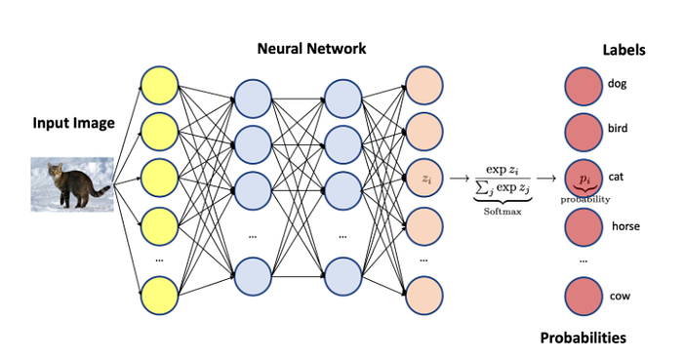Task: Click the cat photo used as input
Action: [71, 183]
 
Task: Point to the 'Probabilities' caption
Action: [583, 338]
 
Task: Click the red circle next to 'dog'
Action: [583, 85]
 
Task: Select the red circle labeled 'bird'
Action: [583, 131]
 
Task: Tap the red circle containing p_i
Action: [583, 179]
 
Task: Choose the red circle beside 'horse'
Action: [583, 226]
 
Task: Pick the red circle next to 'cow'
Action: [583, 296]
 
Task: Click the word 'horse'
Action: [625, 226]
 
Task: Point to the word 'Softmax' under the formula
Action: [499, 210]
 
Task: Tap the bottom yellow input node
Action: [162, 296]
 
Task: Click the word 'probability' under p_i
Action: [585, 199]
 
